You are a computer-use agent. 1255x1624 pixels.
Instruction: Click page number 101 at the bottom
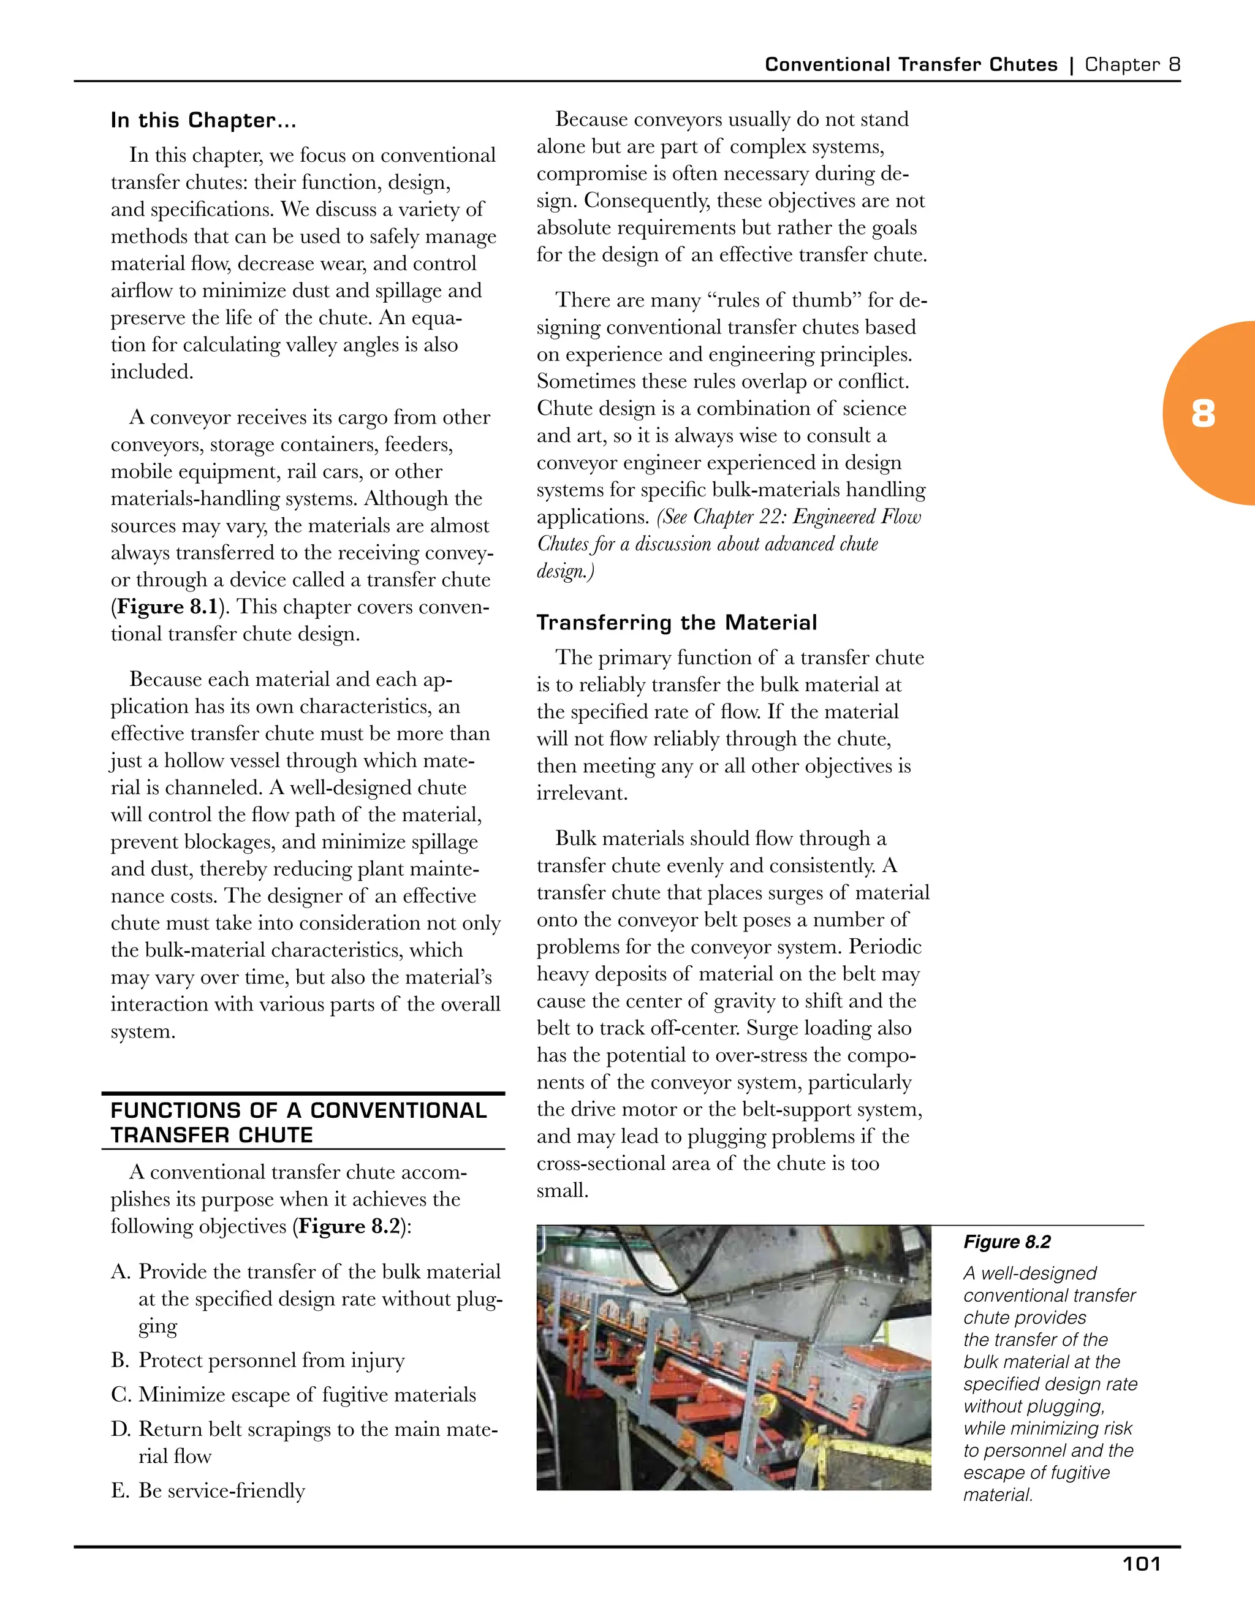click(1140, 1565)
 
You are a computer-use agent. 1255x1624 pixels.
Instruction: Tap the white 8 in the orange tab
click(1203, 414)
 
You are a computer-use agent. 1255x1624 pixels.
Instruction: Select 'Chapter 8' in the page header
click(1132, 65)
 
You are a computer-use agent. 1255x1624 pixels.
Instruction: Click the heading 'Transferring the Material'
click(677, 623)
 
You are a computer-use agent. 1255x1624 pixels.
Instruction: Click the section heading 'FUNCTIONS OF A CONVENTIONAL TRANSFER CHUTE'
click(297, 1123)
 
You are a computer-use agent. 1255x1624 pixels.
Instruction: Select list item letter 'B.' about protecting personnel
click(121, 1360)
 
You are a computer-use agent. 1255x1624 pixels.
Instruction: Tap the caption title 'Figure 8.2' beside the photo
click(1007, 1242)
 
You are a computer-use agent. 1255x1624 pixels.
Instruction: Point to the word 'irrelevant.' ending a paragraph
click(582, 794)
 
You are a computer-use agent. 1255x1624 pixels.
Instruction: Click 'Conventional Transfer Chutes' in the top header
click(911, 65)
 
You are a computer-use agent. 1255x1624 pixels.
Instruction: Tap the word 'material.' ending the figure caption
click(998, 1495)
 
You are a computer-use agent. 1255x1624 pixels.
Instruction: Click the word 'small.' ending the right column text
click(562, 1191)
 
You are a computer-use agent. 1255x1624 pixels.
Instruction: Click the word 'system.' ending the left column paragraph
click(143, 1031)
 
